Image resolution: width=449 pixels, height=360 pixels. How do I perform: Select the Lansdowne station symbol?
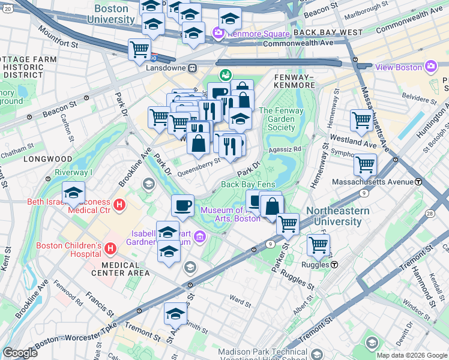(193, 68)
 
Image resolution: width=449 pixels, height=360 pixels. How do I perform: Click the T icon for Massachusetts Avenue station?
(418, 181)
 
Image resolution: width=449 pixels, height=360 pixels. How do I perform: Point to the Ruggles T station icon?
(334, 265)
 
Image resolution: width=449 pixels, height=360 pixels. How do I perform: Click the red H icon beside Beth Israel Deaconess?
(119, 205)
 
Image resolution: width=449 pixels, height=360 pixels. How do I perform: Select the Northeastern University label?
(334, 216)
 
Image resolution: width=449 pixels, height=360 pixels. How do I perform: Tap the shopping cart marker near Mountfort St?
(139, 49)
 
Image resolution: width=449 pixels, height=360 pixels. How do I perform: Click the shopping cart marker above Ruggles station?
(318, 244)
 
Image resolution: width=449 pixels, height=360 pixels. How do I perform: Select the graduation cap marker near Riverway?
(73, 192)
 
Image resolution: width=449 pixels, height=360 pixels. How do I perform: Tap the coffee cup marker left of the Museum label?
(182, 205)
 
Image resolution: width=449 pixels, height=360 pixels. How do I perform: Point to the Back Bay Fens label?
(246, 185)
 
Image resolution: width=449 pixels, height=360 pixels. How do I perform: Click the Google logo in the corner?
(20, 352)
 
